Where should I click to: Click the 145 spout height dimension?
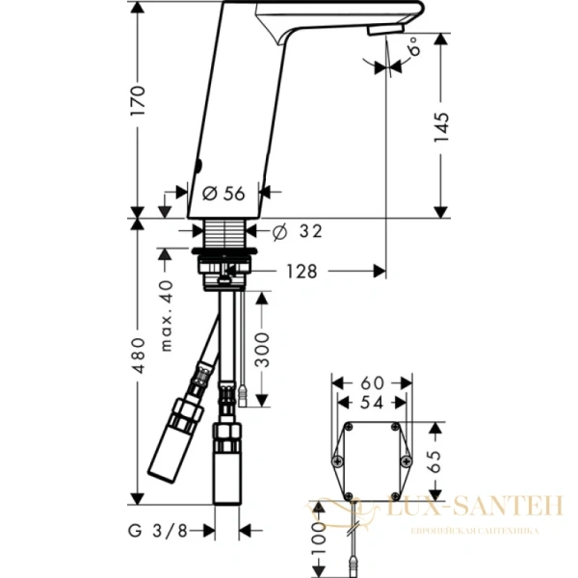440,125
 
